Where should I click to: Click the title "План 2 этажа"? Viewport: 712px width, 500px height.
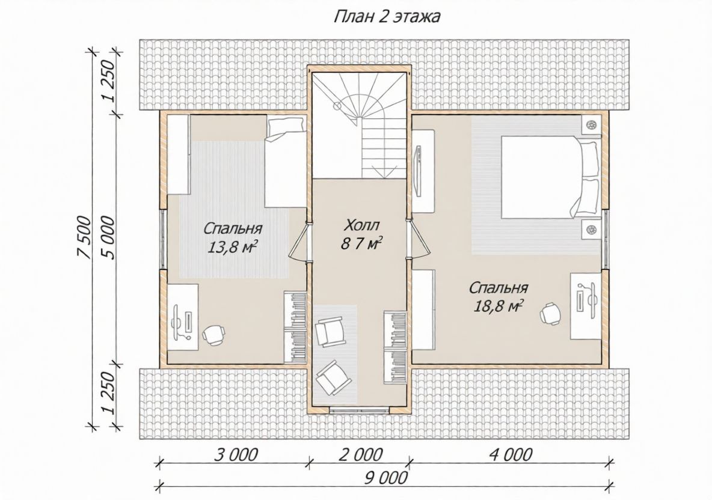point(387,17)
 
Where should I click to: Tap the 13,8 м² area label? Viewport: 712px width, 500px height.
point(233,246)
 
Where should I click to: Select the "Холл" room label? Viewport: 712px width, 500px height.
point(361,225)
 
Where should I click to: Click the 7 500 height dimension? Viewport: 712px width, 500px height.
point(85,238)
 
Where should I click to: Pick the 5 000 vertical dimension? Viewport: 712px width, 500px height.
point(110,238)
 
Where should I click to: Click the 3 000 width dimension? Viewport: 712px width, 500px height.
point(236,454)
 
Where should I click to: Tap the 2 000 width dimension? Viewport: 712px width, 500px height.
point(361,454)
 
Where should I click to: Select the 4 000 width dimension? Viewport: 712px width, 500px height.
point(511,454)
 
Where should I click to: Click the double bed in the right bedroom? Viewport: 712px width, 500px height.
point(550,177)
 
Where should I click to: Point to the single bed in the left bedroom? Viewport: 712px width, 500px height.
point(285,162)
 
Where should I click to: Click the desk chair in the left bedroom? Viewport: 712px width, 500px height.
point(213,335)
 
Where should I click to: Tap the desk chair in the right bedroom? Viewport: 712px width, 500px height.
point(551,313)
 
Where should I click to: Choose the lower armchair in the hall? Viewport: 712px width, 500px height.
point(333,377)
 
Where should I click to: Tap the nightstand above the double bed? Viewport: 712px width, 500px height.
point(591,125)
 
